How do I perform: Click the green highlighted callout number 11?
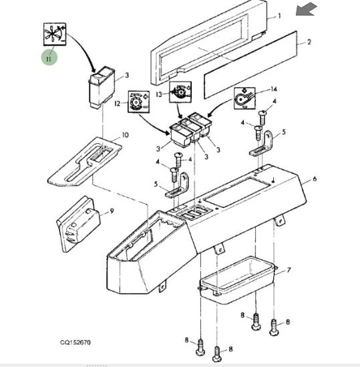49,57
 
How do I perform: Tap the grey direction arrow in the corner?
306,9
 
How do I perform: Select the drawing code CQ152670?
75,342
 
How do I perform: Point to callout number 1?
279,16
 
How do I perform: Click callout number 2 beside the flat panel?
309,42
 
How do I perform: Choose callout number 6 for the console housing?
315,178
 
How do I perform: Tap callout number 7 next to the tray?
289,270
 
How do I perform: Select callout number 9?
112,211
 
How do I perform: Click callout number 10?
125,135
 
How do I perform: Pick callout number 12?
118,103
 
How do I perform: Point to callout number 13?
159,94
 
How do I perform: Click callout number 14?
273,89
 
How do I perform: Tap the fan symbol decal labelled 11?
55,34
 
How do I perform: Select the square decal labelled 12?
139,101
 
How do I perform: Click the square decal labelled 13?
180,92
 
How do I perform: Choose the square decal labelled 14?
244,98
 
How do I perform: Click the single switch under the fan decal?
102,88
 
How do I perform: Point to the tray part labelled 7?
237,280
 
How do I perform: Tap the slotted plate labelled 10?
85,162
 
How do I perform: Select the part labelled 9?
78,224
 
